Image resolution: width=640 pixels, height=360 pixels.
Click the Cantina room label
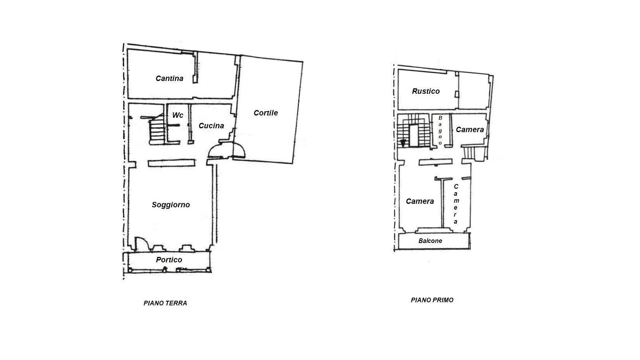[x=169, y=78]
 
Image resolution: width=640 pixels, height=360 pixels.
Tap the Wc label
[x=177, y=115]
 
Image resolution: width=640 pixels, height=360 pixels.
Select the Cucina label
[x=211, y=126]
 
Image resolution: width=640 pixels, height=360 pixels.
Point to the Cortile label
[x=266, y=113]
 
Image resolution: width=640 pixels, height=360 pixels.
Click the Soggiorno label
[x=171, y=205]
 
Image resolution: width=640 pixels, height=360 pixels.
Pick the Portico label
[x=169, y=260]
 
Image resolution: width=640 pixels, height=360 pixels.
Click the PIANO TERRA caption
[x=165, y=303]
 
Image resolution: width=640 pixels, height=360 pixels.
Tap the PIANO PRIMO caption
[x=432, y=300]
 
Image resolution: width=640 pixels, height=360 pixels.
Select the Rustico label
[x=426, y=91]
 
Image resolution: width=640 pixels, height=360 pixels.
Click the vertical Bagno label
[x=440, y=130]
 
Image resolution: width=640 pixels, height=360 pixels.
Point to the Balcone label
[x=430, y=241]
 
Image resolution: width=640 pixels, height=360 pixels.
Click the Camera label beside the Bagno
[x=470, y=130]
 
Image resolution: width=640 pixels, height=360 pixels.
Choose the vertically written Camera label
[x=456, y=204]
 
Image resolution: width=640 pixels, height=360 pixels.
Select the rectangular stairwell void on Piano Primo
[x=414, y=136]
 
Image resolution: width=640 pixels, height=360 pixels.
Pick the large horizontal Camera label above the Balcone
[x=420, y=202]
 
